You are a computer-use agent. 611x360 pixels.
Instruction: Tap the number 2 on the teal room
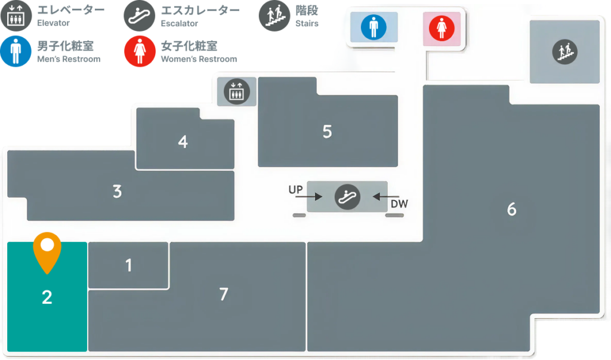pos(47,297)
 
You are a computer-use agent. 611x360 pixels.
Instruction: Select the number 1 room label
pos(129,265)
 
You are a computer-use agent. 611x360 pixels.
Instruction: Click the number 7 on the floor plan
pos(224,294)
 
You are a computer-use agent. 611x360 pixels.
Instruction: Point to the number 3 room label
pos(118,192)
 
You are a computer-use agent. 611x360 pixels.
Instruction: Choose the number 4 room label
pos(183,141)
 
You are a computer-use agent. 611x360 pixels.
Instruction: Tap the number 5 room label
pos(328,132)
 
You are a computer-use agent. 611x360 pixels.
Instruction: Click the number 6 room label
pos(511,210)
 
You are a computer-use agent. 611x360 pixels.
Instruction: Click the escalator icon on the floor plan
pos(347,197)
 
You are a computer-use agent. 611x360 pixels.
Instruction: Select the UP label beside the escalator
pos(295,190)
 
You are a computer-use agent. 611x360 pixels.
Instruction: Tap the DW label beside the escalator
pos(399,204)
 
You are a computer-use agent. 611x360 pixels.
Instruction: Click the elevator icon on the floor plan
pos(236,92)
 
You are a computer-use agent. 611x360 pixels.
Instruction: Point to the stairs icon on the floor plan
pos(564,52)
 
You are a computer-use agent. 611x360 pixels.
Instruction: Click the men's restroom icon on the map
pos(374,27)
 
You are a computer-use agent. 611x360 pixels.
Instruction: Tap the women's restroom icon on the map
pos(442,28)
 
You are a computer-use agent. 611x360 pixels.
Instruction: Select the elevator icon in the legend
pos(16,16)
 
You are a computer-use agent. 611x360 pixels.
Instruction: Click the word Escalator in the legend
pos(179,23)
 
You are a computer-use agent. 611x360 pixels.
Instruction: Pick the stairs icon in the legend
pos(274,16)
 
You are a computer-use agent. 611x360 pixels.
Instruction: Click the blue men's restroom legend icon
pos(16,51)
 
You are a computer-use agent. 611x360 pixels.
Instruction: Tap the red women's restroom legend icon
pos(140,51)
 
